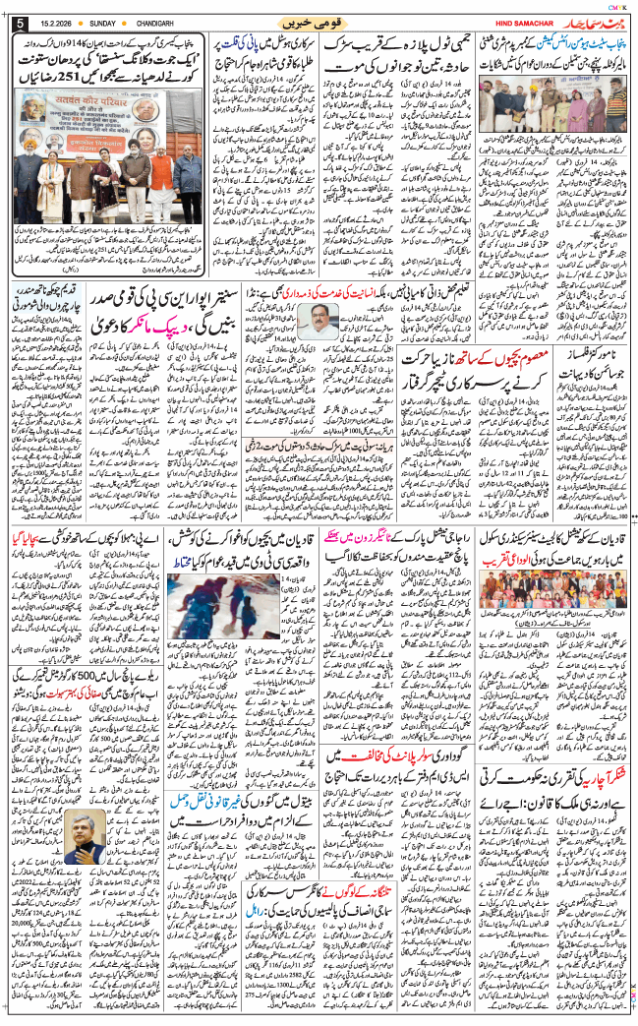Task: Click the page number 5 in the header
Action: tap(19, 22)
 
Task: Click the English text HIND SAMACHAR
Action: tap(531, 23)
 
